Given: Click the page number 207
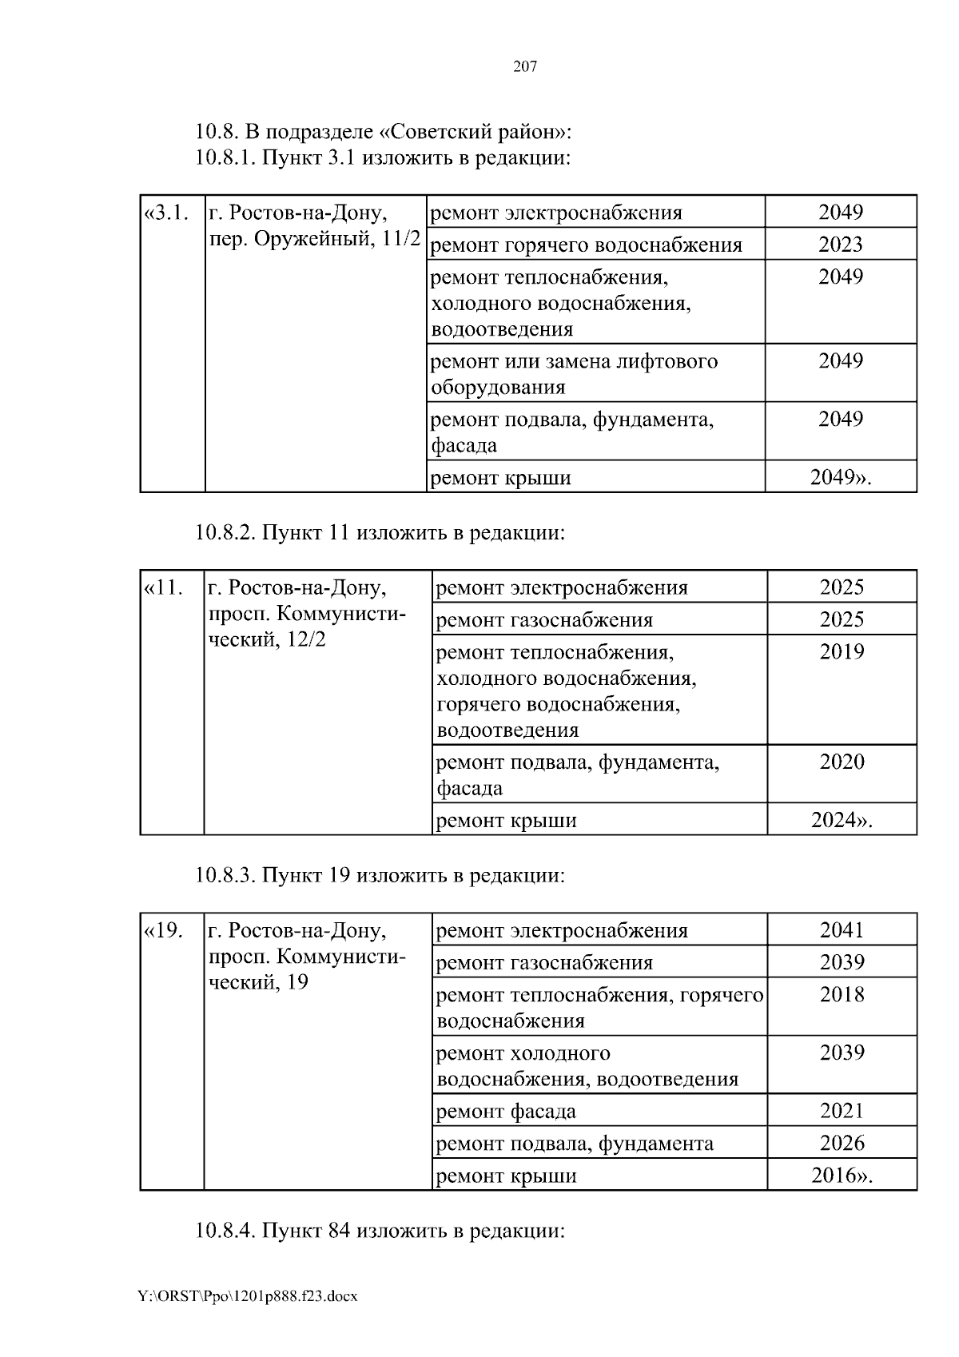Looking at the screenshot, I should tap(524, 67).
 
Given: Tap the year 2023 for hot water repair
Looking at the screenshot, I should tap(840, 245).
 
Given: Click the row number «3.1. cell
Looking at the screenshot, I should tap(166, 213).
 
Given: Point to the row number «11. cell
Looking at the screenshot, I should tap(164, 588).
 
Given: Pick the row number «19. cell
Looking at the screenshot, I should tap(164, 931).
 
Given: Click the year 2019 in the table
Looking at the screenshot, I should tap(842, 652).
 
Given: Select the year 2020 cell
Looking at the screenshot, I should tap(842, 762).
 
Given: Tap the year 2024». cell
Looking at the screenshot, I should tap(842, 820).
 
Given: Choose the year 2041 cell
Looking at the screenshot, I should tap(842, 930).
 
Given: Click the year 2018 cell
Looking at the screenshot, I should tap(842, 995).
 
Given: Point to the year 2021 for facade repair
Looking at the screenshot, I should tap(842, 1111).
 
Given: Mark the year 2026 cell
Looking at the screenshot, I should tap(842, 1144).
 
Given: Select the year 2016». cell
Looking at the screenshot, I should tap(842, 1176).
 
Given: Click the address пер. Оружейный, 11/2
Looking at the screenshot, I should tap(314, 239).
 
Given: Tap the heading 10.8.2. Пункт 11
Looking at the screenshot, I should tap(380, 532).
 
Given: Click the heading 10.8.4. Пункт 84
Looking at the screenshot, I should tap(380, 1230).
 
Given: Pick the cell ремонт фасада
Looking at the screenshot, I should tap(506, 1112).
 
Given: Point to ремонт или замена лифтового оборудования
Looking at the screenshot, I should tap(574, 374).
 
